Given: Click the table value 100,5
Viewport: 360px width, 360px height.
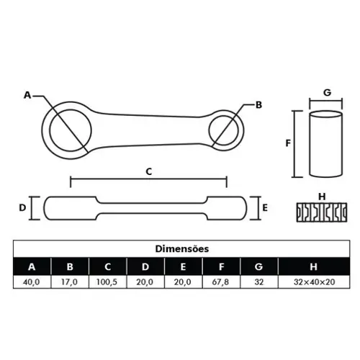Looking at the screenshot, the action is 107,282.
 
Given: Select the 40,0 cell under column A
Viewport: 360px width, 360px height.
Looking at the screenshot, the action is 32,282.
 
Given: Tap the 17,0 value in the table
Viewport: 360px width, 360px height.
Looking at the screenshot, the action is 69,282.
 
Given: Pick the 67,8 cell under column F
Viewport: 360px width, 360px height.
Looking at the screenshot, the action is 220,282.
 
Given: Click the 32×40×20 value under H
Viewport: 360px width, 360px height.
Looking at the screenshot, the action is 314,282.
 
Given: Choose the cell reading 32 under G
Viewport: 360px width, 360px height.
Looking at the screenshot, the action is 259,282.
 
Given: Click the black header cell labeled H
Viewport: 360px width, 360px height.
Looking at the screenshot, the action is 314,266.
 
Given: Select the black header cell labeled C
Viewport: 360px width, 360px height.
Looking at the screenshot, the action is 108,266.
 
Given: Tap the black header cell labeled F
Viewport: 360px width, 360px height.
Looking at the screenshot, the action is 221,266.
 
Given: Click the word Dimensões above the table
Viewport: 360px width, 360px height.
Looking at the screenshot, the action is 182,248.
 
